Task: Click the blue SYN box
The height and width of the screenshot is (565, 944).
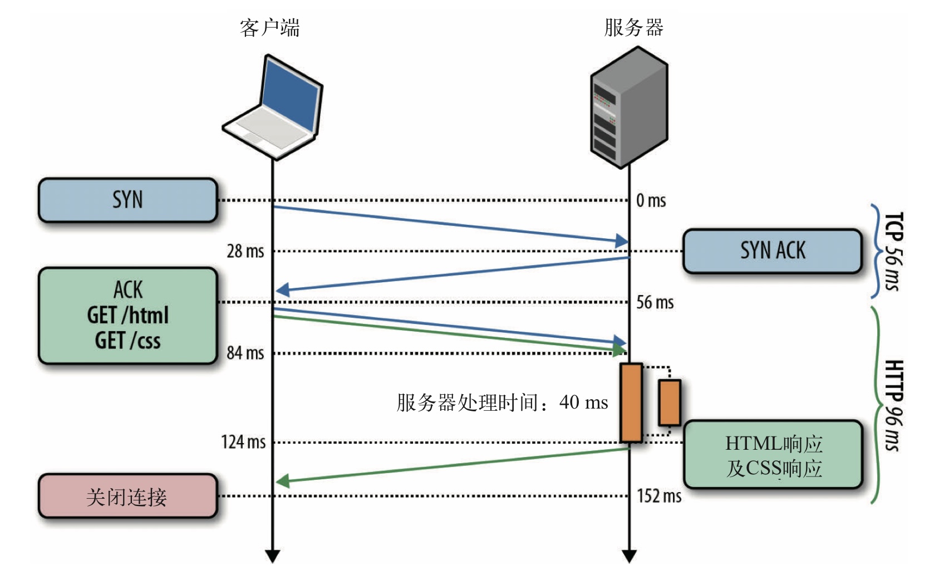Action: click(x=127, y=200)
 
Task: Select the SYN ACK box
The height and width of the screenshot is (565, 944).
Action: click(x=773, y=251)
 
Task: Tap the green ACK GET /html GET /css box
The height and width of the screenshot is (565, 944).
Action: click(x=127, y=316)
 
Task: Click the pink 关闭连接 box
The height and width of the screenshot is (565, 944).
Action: click(x=127, y=496)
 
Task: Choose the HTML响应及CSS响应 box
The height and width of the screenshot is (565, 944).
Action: click(x=773, y=455)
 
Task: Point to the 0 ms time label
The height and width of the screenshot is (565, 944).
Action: click(x=651, y=200)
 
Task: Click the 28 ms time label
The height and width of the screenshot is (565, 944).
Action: click(x=245, y=251)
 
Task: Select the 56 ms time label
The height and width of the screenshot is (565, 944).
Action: click(x=655, y=302)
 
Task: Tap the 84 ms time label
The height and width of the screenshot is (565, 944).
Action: click(x=245, y=353)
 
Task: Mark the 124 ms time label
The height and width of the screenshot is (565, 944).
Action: click(x=244, y=442)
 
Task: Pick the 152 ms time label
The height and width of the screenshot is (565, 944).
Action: click(x=658, y=496)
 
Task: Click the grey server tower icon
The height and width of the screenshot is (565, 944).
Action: click(x=629, y=107)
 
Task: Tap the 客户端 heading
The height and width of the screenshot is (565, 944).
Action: click(x=270, y=28)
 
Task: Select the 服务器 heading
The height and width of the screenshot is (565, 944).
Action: click(x=633, y=28)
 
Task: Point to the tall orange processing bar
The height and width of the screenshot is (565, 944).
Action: click(x=631, y=403)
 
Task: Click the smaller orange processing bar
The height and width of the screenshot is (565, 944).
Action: click(x=670, y=403)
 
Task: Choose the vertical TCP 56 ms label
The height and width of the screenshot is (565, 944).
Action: click(x=893, y=252)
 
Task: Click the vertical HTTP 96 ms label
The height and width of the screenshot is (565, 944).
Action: click(x=893, y=405)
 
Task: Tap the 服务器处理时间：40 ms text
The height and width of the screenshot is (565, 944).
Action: click(x=502, y=403)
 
